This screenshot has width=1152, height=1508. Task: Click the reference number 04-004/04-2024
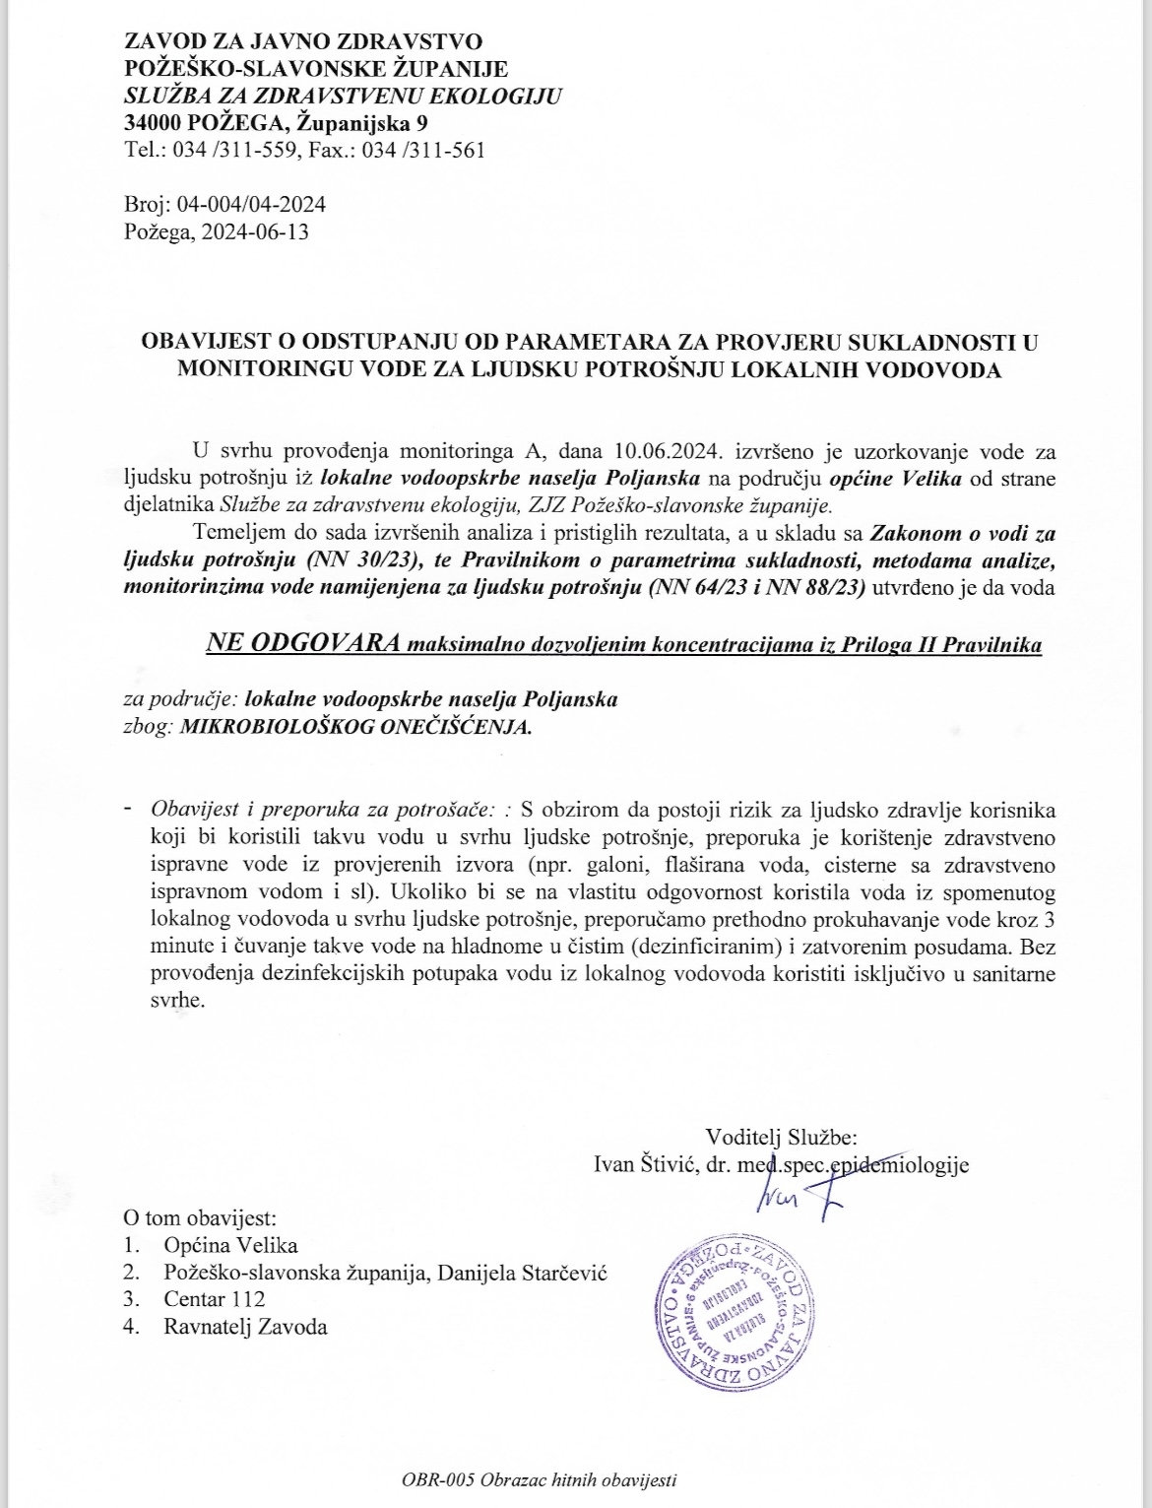250,205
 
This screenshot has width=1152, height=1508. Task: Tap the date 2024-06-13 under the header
253,232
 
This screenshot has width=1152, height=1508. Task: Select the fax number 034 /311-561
425,151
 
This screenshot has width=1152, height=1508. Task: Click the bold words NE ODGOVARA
302,644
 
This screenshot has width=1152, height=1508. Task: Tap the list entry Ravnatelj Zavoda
246,1326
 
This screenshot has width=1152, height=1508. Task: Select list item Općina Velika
230,1245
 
